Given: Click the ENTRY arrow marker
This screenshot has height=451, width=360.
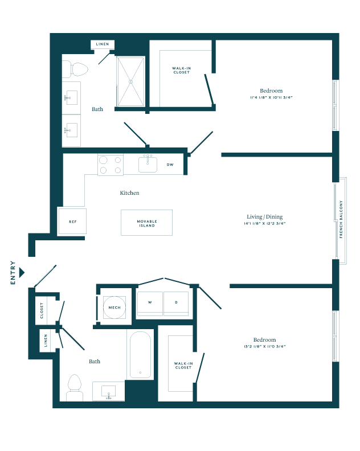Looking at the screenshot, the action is point(22,272).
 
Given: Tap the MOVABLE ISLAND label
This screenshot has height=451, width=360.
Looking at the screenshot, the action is point(147,223).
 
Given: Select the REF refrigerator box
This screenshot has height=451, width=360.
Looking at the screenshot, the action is point(72,221).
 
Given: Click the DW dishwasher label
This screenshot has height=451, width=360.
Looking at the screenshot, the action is point(170,165).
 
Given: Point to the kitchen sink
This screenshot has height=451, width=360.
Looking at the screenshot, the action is point(148,164).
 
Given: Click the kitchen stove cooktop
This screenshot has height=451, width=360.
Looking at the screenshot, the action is point(111,165).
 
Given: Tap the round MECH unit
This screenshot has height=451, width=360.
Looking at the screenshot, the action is point(114,307).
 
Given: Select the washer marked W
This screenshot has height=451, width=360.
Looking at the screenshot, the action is point(150,304).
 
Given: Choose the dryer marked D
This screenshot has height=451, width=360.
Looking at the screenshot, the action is point(176,304).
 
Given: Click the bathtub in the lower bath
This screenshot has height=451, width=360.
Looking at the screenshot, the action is point(140,354).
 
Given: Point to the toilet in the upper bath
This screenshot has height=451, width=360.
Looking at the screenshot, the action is point(75,69).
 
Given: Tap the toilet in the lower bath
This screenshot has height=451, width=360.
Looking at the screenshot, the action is point(75,388).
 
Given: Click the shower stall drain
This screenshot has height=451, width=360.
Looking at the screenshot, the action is point(130,82).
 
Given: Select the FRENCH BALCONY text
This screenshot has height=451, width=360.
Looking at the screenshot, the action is point(341,219).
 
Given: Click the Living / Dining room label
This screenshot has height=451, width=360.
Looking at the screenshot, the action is point(265,217).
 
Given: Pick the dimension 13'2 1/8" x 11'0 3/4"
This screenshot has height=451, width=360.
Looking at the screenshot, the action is point(265,347).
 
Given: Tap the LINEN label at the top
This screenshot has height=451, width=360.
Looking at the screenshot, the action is point(103,44).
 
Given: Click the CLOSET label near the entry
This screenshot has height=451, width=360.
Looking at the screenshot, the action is point(42,310).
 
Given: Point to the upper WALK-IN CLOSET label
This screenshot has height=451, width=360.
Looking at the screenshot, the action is point(182,70).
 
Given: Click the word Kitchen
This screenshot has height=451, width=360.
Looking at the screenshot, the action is point(129,192).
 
